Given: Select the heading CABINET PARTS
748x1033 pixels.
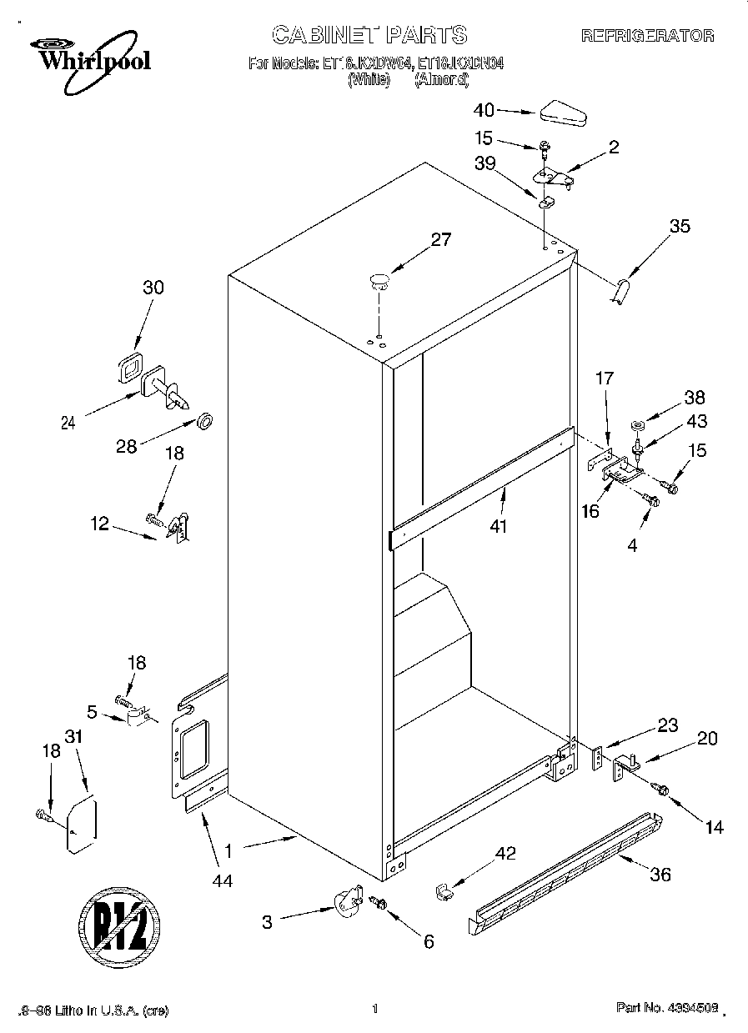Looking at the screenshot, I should pyautogui.click(x=369, y=34).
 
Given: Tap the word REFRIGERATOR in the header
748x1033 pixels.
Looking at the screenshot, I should pyautogui.click(x=647, y=36).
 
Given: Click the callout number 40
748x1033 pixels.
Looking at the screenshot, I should pyautogui.click(x=484, y=110).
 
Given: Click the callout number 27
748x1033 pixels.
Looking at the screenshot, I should pyautogui.click(x=440, y=240).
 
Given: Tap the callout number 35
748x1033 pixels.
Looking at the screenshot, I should pyautogui.click(x=680, y=225).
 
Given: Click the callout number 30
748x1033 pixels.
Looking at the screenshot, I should pyautogui.click(x=153, y=288).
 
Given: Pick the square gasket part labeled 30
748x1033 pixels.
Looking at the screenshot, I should pyautogui.click(x=130, y=368).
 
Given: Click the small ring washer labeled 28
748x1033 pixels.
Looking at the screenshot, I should pyautogui.click(x=203, y=419).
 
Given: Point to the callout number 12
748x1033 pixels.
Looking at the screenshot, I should pyautogui.click(x=99, y=524).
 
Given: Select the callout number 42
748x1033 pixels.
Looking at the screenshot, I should pyautogui.click(x=505, y=853).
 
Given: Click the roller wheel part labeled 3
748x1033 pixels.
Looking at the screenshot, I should pyautogui.click(x=346, y=904).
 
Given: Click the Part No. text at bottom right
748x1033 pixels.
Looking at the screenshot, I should pyautogui.click(x=666, y=1009).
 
